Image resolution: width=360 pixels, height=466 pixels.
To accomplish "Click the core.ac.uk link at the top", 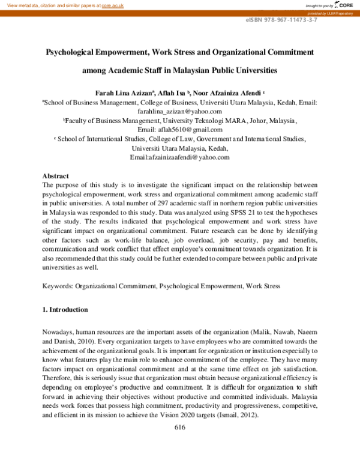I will pyautogui.click(x=113, y=5).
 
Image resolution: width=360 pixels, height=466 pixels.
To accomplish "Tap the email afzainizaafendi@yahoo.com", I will pyautogui.click(x=179, y=157).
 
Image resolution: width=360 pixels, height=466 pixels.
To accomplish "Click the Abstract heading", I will pyautogui.click(x=56, y=176).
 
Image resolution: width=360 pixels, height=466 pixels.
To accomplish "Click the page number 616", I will pyautogui.click(x=179, y=428).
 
